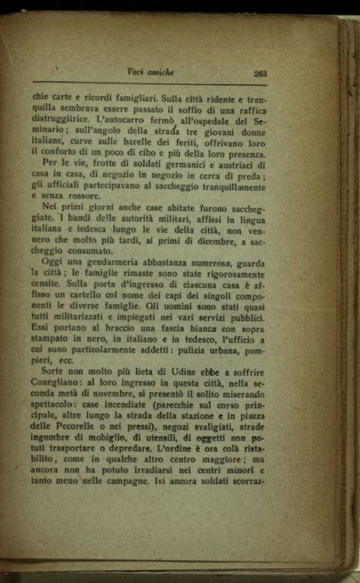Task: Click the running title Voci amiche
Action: click(x=150, y=72)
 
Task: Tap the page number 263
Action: click(x=260, y=73)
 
